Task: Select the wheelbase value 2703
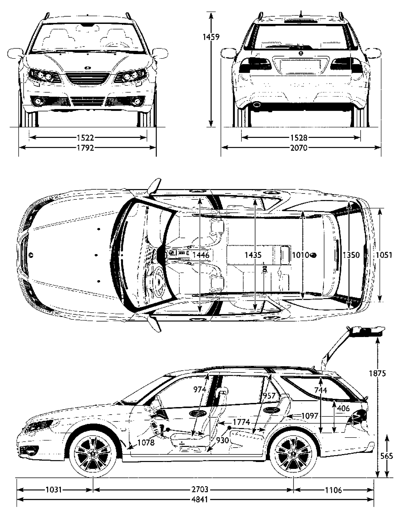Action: (200, 489)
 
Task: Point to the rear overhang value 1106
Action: (333, 489)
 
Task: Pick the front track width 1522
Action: (86, 137)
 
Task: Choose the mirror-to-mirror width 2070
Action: (299, 148)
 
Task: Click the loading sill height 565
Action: (387, 456)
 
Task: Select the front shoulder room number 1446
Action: (201, 255)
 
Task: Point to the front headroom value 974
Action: (200, 389)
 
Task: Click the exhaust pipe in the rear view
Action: (257, 104)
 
